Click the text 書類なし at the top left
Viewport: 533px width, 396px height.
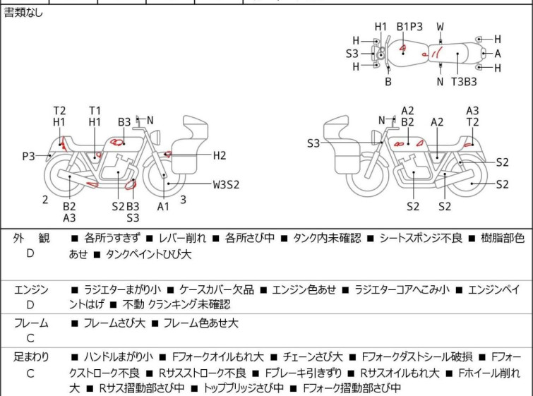(x=23, y=13)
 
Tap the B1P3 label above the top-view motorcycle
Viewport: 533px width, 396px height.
(x=409, y=27)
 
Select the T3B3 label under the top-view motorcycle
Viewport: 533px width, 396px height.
(x=464, y=81)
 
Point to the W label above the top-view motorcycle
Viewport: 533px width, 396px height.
(x=440, y=27)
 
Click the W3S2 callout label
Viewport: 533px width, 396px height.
(x=227, y=185)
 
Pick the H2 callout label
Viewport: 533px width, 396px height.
(x=220, y=155)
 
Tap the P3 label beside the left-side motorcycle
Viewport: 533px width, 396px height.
(x=28, y=156)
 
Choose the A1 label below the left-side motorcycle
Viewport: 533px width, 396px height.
(x=164, y=206)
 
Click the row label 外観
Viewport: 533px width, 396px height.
(x=30, y=239)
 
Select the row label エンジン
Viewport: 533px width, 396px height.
(x=30, y=289)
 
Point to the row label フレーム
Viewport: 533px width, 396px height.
(x=30, y=323)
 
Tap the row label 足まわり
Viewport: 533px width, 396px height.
(x=30, y=357)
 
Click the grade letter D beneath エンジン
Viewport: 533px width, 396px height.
(x=30, y=305)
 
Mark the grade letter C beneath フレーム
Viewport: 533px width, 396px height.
(x=30, y=338)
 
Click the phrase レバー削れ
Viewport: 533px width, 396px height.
(x=182, y=239)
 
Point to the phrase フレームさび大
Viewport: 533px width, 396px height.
(x=114, y=323)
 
